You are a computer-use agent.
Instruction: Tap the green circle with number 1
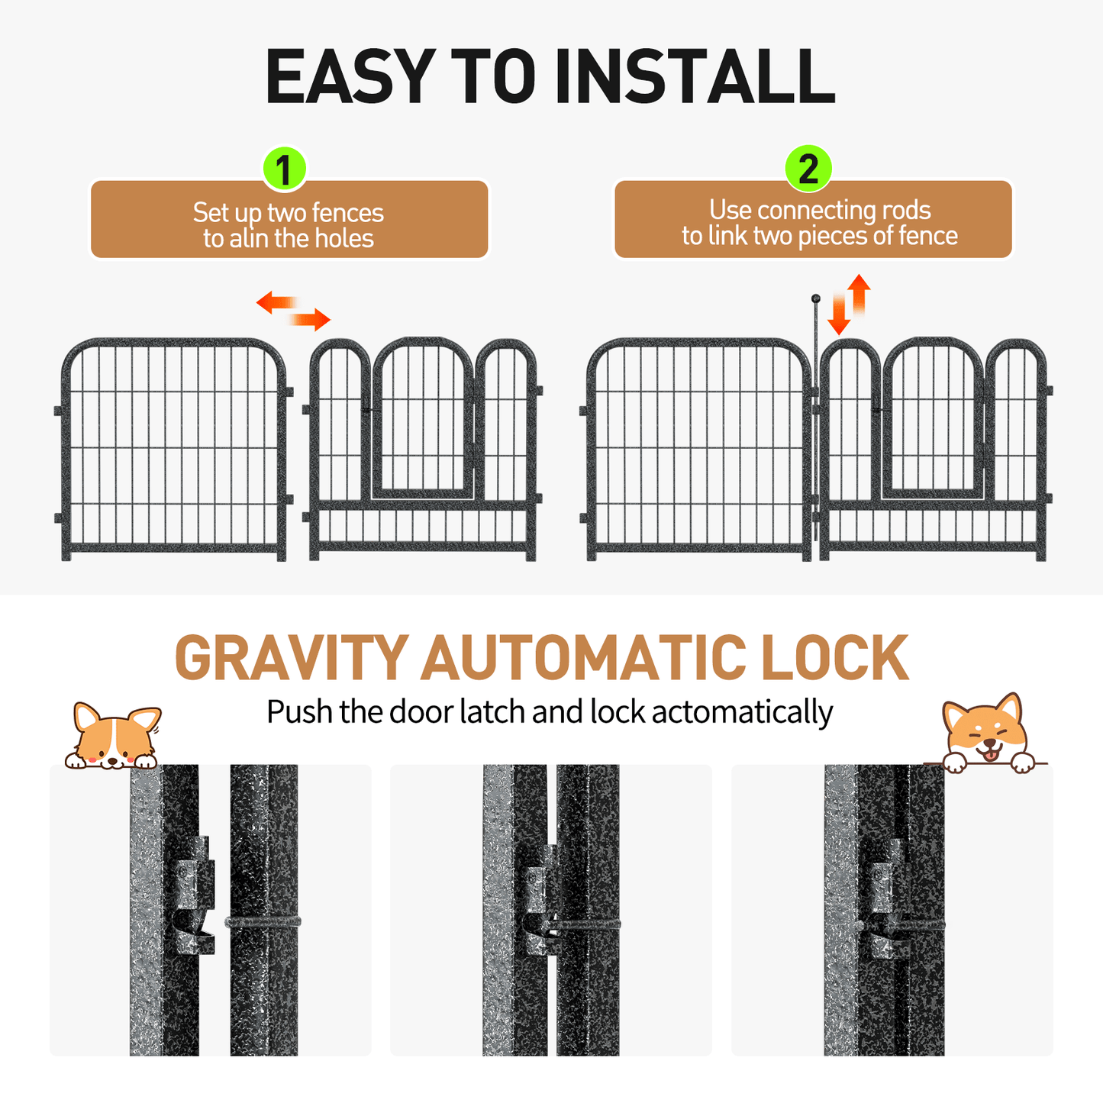coord(284,169)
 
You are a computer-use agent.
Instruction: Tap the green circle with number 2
coord(808,168)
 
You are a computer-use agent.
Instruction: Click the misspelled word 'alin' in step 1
coord(248,239)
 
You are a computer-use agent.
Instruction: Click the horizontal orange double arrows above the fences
coord(293,311)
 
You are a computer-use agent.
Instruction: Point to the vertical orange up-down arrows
coord(850,305)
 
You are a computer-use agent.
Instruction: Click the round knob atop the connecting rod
coord(815,298)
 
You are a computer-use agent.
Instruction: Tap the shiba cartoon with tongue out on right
coord(986,734)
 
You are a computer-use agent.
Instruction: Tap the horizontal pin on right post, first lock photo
coord(263,922)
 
